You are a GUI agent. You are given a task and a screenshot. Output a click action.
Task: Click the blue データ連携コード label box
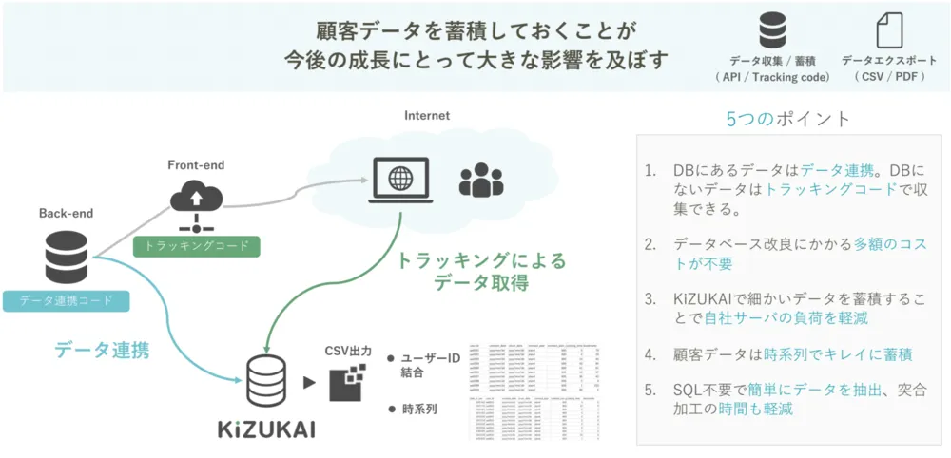pos(67,300)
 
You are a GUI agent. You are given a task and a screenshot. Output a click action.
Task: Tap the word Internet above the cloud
pos(427,116)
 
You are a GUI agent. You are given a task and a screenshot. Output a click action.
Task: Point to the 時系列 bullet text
pos(419,410)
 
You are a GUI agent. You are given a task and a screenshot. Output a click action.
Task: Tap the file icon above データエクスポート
pos(889,30)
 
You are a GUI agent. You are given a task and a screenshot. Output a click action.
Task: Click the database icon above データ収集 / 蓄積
pos(772,30)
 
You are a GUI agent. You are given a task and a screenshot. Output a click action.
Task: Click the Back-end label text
pos(66,214)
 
